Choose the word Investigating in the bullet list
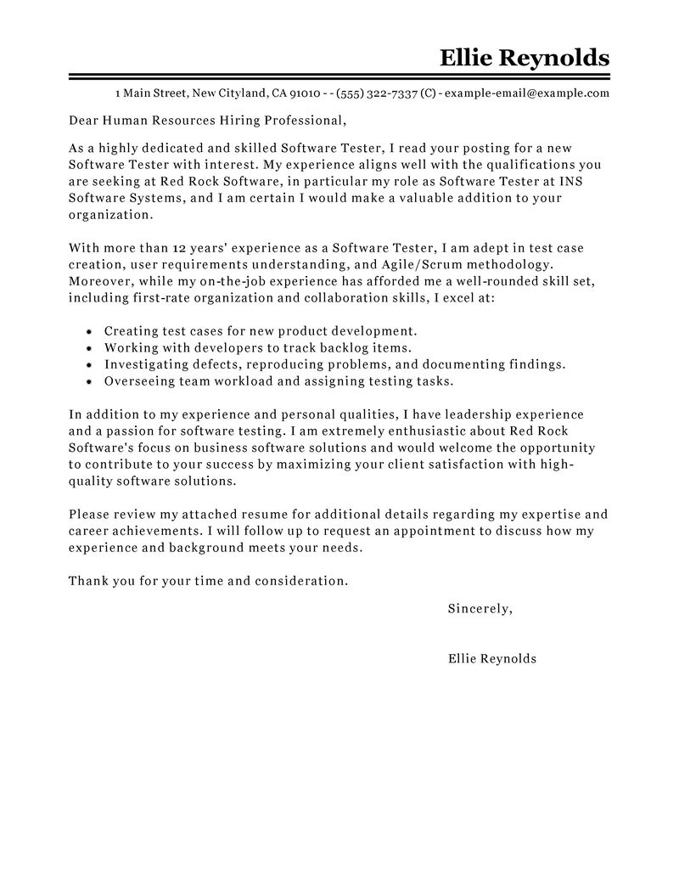tap(146, 364)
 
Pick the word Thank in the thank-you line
tap(87, 581)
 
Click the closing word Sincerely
tap(480, 608)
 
